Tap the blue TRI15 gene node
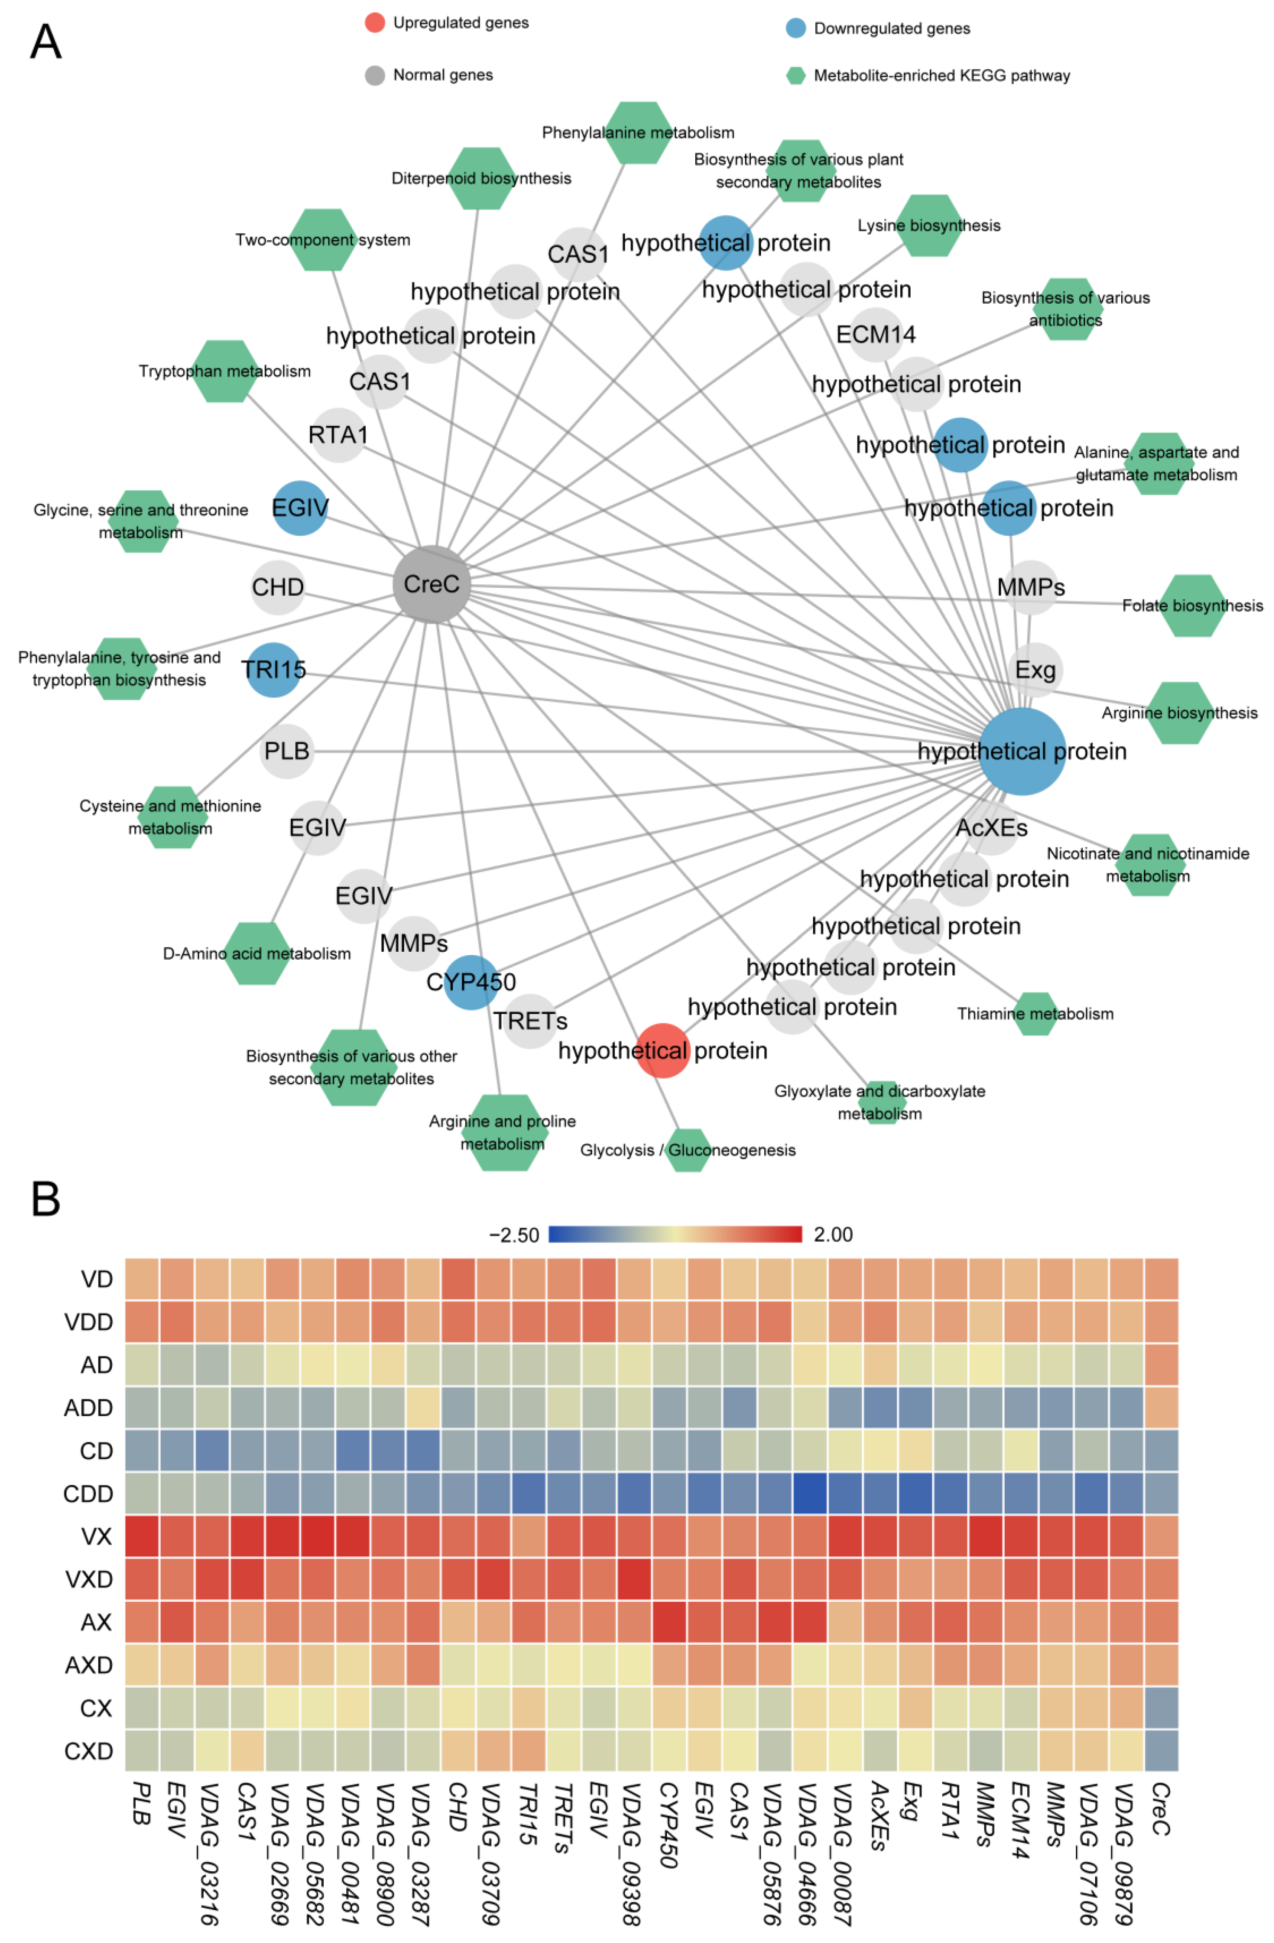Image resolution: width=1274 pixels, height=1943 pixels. [273, 670]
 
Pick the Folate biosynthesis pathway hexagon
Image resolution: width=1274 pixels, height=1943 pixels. [1193, 606]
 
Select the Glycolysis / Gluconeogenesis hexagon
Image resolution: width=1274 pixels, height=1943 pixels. [688, 1149]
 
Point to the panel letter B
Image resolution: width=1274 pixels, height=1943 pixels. [46, 1200]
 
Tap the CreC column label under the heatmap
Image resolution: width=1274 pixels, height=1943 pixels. [1160, 1808]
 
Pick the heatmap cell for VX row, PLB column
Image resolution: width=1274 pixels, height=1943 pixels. [142, 1536]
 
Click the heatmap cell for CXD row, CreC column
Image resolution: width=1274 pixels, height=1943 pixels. [1160, 1751]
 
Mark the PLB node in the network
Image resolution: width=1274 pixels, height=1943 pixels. [287, 751]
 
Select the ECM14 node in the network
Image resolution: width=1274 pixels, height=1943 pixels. [876, 335]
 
